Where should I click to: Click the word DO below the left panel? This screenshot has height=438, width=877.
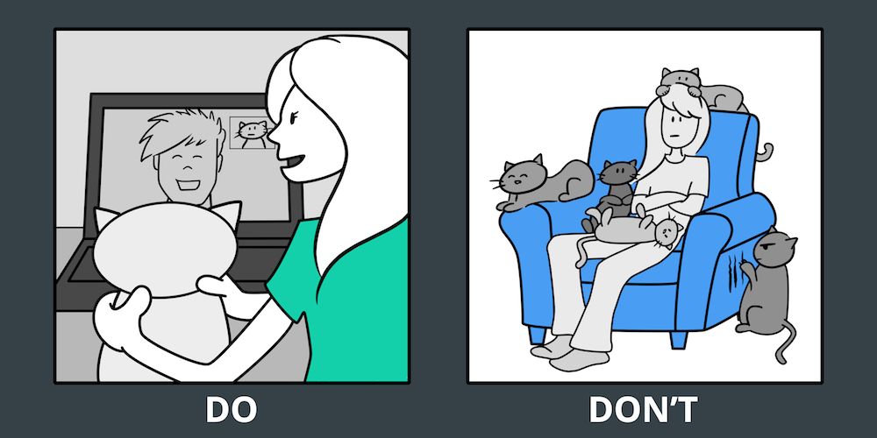(231, 411)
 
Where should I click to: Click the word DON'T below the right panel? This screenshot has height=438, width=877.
(643, 411)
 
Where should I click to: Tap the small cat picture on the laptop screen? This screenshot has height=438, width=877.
(252, 132)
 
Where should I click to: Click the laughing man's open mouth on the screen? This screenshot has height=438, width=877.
(184, 183)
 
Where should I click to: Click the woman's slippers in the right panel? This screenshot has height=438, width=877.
(566, 353)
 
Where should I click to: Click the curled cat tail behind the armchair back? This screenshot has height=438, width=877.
(765, 151)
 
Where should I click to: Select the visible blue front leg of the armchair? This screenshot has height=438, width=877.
(679, 338)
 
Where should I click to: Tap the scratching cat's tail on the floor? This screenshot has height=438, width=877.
(784, 343)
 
